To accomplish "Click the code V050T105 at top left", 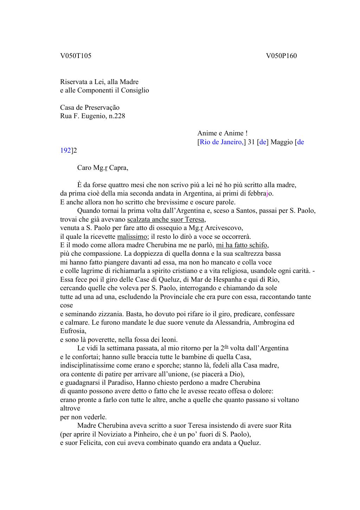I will coord(76,56).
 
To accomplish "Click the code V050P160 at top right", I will coord(281,56).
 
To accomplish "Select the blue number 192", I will coord(65,150).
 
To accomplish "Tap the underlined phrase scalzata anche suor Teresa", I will coord(166,219).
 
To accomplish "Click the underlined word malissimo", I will coord(132,236).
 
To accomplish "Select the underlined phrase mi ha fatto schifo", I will coord(242,245).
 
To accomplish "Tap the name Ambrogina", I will coord(270,322).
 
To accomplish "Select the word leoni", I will coord(169,339).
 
